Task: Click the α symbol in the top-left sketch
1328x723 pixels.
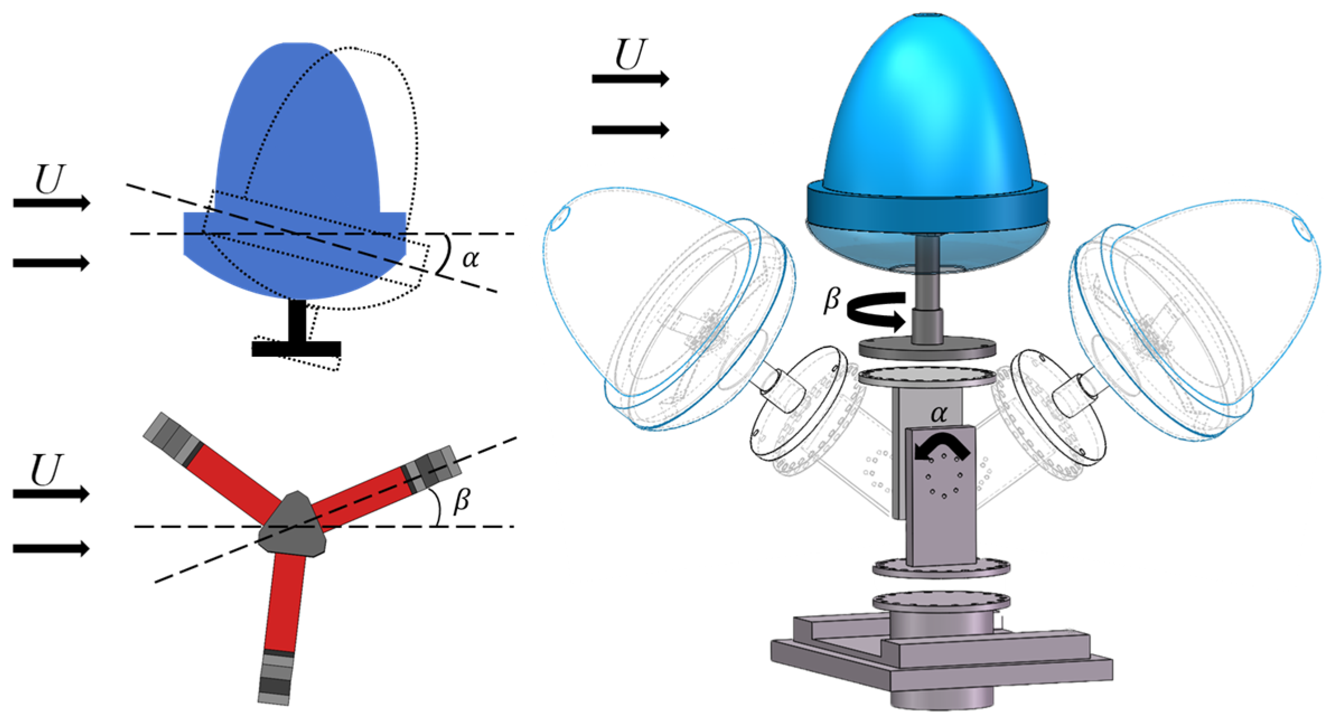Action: point(471,259)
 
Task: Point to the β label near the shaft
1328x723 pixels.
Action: point(832,300)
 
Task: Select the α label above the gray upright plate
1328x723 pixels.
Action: point(939,414)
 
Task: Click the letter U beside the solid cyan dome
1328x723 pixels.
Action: point(631,55)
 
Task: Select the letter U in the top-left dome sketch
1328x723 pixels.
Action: point(50,179)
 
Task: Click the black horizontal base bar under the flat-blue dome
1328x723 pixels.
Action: point(296,349)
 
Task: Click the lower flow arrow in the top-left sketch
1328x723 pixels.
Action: point(51,262)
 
